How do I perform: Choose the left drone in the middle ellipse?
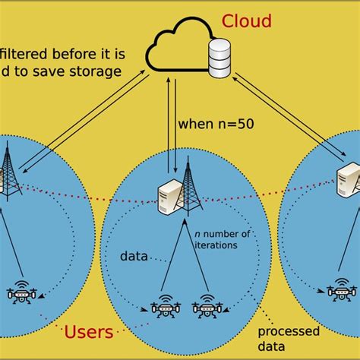[164, 308]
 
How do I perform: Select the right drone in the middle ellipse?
[206, 308]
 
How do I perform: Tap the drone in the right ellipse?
[342, 292]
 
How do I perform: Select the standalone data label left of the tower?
[134, 257]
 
